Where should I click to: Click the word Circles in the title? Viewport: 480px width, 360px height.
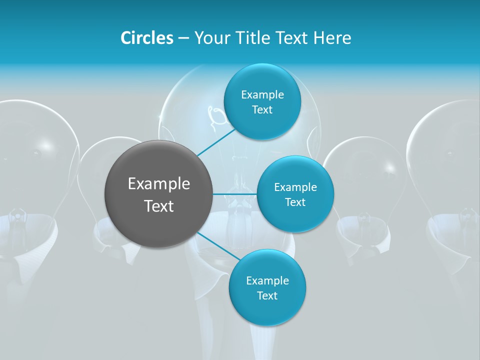pos(146,38)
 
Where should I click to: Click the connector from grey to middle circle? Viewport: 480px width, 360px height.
pos(234,194)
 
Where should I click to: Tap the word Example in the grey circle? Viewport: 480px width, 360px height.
pos(159,184)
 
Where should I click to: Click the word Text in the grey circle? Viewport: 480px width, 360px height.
pos(159,206)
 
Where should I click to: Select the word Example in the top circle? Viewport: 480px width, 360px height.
pos(262,94)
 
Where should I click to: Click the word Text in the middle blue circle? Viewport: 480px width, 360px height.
pos(295,202)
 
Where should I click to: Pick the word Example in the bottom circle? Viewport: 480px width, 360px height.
pos(267,280)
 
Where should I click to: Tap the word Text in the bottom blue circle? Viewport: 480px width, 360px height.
pos(267,295)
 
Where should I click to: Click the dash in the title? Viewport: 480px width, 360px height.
pos(183,38)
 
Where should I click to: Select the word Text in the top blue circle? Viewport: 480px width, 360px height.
pos(262,109)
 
